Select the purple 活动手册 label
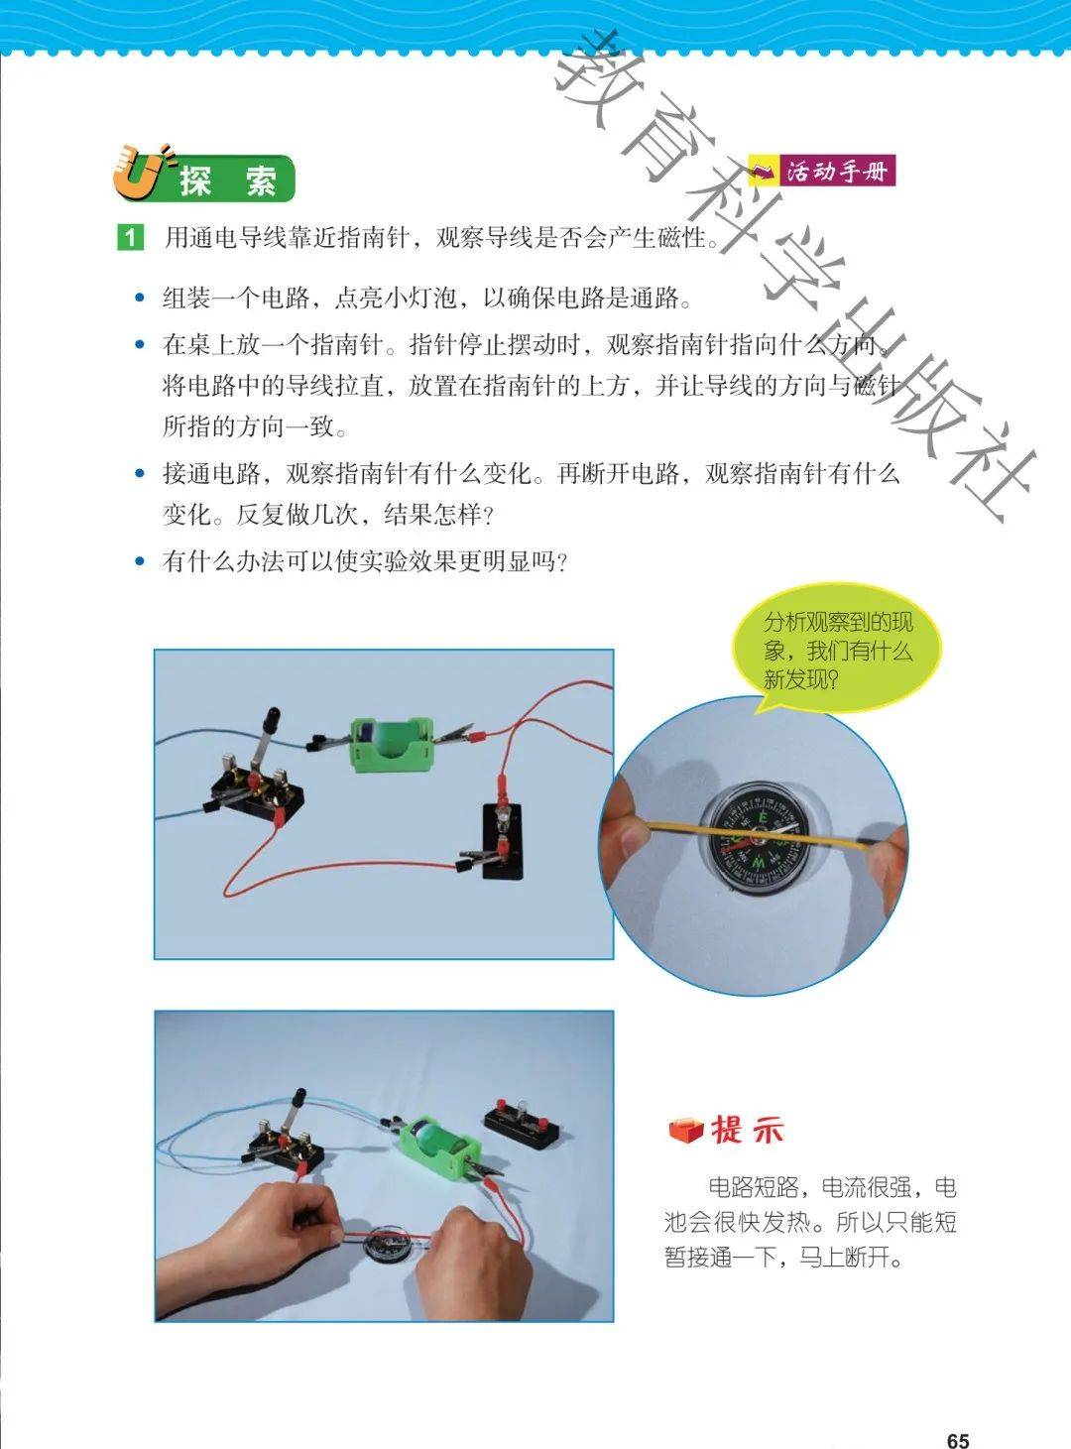pos(822,172)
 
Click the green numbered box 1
pos(130,237)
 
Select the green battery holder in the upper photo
pos(392,744)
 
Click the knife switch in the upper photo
pos(257,780)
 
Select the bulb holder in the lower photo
pos(521,1121)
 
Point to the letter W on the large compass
pos(757,864)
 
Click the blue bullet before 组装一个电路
pos(139,298)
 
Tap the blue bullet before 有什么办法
pos(139,560)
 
